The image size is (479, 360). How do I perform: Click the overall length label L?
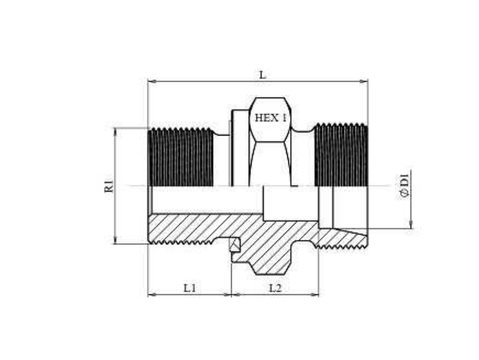pos(262,75)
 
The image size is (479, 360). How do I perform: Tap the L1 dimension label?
pos(190,287)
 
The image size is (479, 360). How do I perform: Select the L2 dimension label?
pos(275,287)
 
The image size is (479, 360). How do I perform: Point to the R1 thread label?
pos(109,186)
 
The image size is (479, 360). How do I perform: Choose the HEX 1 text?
pos(270,118)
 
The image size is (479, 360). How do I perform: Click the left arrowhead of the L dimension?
pos(152,82)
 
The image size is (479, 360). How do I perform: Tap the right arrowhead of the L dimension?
pos(364,82)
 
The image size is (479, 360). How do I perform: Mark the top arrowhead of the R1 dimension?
pos(115,132)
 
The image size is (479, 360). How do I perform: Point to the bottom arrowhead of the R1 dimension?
pos(115,239)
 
